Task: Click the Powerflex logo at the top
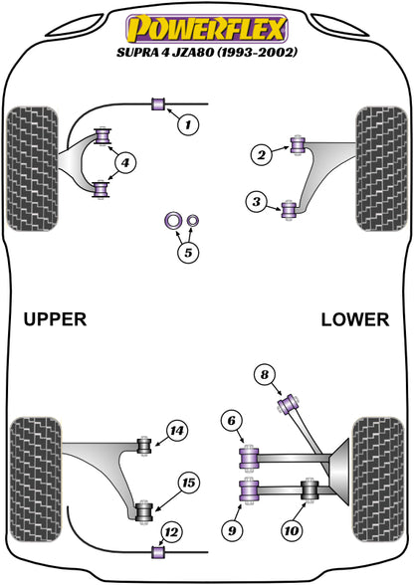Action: click(x=207, y=23)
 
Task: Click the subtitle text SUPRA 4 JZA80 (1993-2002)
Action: click(x=207, y=50)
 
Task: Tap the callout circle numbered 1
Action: click(x=187, y=125)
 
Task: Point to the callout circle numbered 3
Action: click(x=257, y=204)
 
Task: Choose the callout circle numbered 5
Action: click(x=186, y=253)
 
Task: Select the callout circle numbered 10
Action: click(x=293, y=530)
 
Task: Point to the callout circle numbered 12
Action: click(x=172, y=531)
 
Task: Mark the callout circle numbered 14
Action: click(x=176, y=431)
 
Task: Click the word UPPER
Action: click(x=55, y=319)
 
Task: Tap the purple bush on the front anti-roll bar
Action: click(x=157, y=104)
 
